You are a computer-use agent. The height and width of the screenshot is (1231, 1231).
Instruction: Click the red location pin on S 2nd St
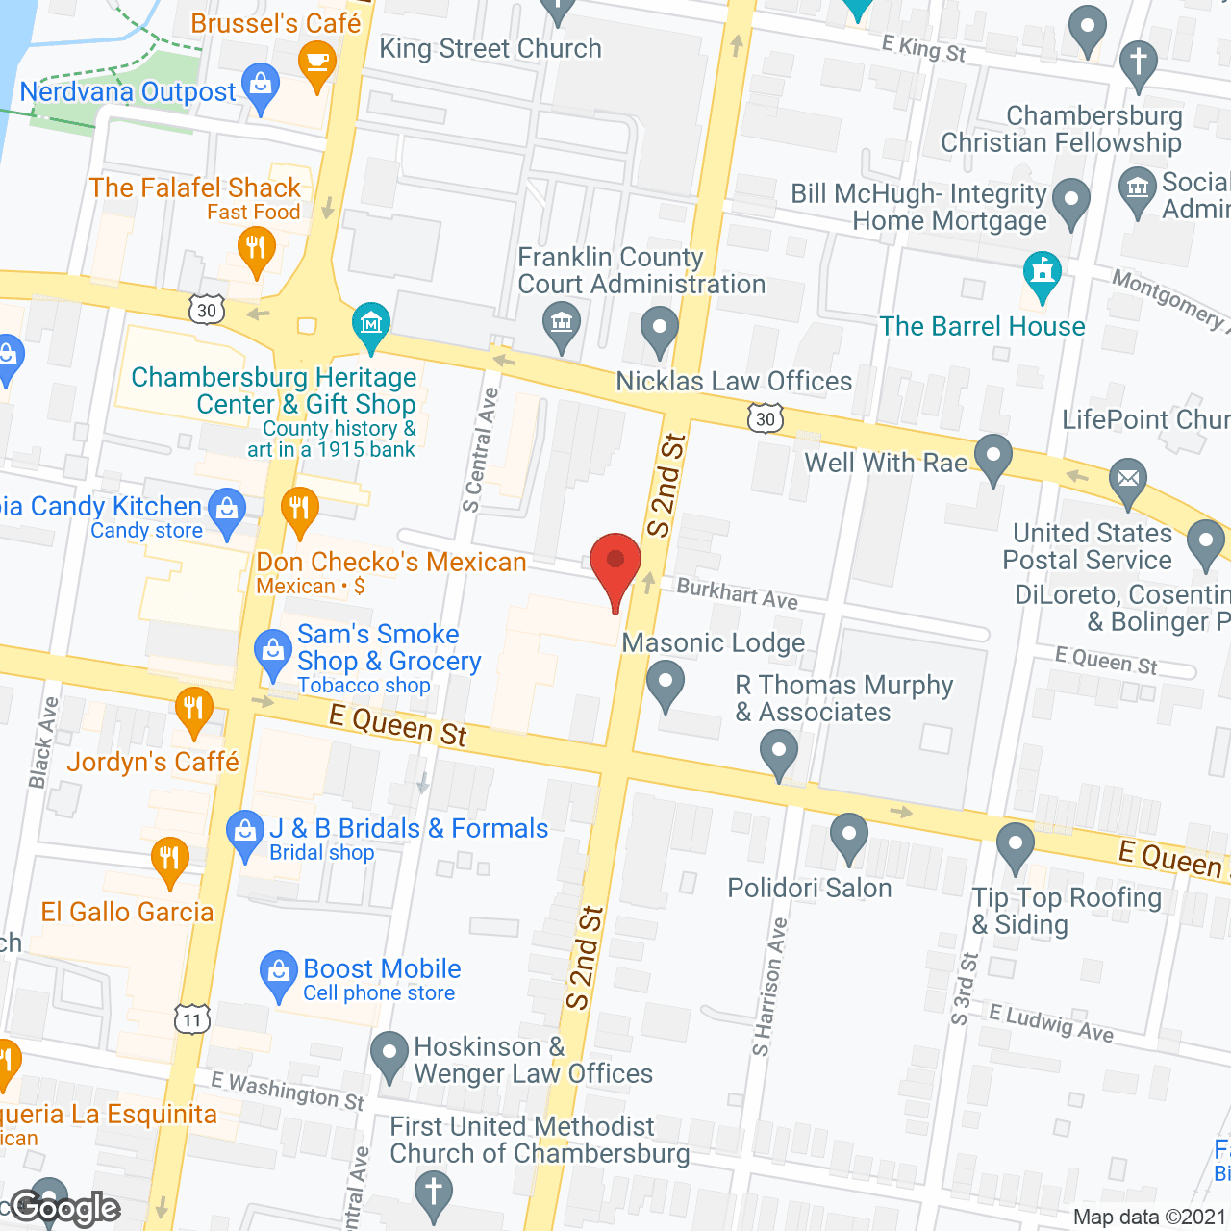tap(615, 564)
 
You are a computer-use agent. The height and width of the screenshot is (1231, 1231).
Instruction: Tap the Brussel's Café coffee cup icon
tap(315, 66)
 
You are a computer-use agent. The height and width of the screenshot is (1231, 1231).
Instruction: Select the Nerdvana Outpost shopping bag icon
tap(260, 87)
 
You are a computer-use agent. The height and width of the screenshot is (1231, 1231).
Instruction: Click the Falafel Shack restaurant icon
tap(256, 249)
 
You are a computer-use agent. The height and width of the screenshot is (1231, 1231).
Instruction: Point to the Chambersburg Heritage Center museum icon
tap(370, 325)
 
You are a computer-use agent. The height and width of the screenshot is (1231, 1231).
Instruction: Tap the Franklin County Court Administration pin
tap(562, 323)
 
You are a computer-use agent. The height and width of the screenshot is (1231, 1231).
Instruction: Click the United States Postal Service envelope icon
tap(1127, 480)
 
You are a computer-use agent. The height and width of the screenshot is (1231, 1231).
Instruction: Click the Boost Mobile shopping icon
tap(279, 973)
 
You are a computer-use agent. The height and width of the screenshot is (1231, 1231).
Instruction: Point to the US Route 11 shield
tap(192, 1019)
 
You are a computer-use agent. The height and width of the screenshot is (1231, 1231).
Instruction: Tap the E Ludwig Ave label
tap(1051, 1023)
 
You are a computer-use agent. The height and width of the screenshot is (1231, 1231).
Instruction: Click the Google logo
tap(65, 1208)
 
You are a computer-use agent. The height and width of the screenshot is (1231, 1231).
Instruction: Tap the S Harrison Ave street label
tap(770, 987)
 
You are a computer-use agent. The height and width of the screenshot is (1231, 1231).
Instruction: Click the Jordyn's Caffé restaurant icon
tap(193, 711)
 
